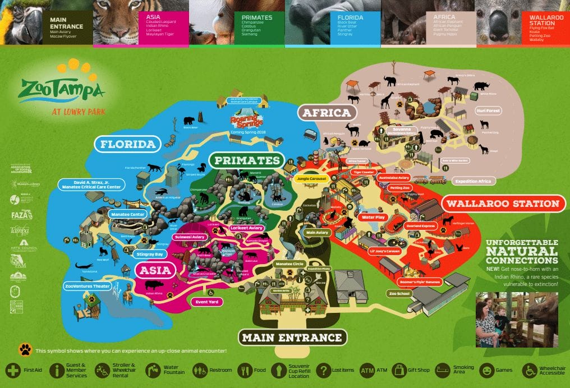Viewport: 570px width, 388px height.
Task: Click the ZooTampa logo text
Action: tap(62, 89)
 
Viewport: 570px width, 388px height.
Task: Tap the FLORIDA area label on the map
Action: tap(127, 145)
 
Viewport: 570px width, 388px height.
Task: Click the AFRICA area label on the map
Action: tap(327, 113)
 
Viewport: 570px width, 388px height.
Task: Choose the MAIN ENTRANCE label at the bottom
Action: tap(292, 338)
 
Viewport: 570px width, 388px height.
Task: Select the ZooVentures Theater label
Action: tap(88, 287)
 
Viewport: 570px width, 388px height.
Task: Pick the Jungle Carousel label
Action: tap(310, 178)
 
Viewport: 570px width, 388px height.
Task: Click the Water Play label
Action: tap(373, 217)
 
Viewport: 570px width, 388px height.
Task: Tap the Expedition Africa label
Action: tap(473, 182)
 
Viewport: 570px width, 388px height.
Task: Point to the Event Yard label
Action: tap(206, 302)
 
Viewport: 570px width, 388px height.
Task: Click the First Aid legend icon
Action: tap(13, 370)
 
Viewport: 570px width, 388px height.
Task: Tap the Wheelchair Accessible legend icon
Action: tap(529, 370)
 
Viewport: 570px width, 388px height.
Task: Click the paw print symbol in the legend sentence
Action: tap(25, 350)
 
